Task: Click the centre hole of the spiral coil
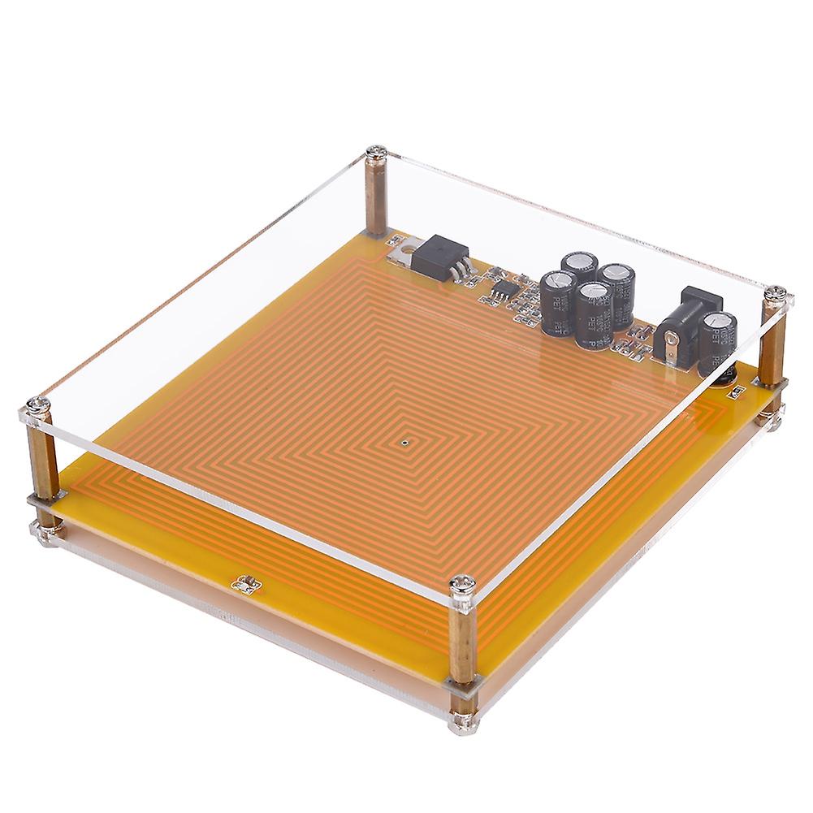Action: pyautogui.click(x=404, y=443)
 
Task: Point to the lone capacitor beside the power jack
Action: pyautogui.click(x=719, y=341)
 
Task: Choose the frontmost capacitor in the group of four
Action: pyautogui.click(x=595, y=317)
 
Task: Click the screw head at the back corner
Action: pyautogui.click(x=375, y=150)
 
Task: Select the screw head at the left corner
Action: pyautogui.click(x=37, y=404)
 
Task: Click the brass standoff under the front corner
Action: pyautogui.click(x=463, y=642)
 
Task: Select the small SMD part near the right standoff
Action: pyautogui.click(x=738, y=392)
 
